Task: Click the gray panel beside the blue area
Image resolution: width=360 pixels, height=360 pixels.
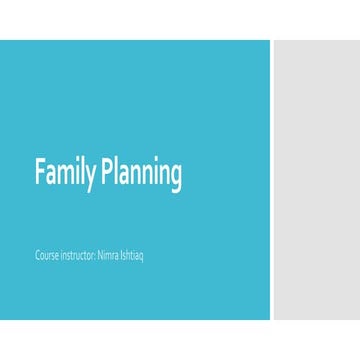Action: coord(316,180)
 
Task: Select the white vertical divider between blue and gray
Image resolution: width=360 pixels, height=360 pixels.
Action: coord(270,180)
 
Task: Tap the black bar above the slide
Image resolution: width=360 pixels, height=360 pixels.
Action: coord(180,19)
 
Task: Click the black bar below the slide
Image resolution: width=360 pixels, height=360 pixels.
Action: coord(180,340)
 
